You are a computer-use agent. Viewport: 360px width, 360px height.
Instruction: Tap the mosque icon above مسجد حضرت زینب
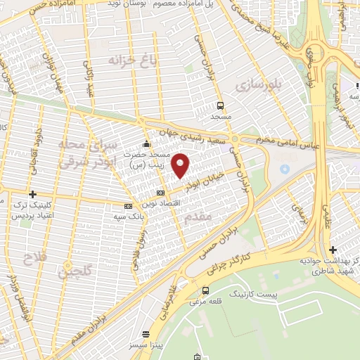[146, 144]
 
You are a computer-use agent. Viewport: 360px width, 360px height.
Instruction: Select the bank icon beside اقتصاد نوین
[161, 192]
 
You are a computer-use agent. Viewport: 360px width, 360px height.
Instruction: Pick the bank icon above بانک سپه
[127, 206]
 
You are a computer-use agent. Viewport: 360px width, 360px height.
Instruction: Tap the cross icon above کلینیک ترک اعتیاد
[32, 194]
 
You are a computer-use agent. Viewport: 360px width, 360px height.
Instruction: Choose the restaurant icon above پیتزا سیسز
[146, 335]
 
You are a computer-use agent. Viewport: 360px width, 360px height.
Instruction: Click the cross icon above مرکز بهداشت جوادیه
[333, 250]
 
